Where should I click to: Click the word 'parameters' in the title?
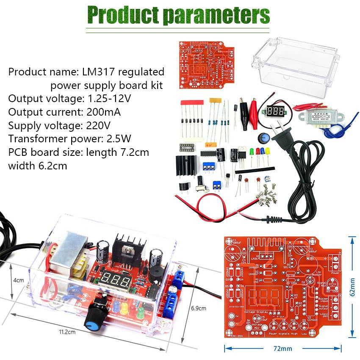click(x=216, y=15)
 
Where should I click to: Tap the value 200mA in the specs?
click(x=103, y=112)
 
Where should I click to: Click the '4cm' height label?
click(x=18, y=280)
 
